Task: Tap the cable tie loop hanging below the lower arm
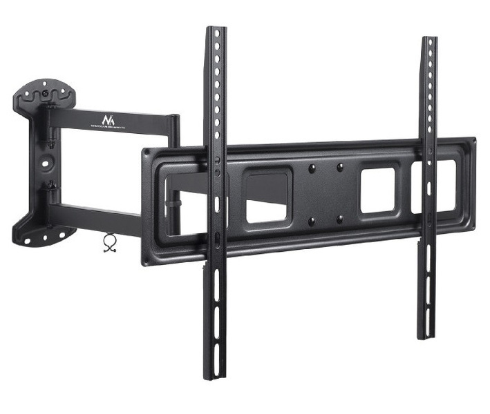pos(109,242)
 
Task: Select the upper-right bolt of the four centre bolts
pos(340,166)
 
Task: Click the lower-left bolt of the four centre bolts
pos(312,221)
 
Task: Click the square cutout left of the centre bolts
pos(267,197)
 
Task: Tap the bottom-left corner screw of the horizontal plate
pos(147,259)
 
